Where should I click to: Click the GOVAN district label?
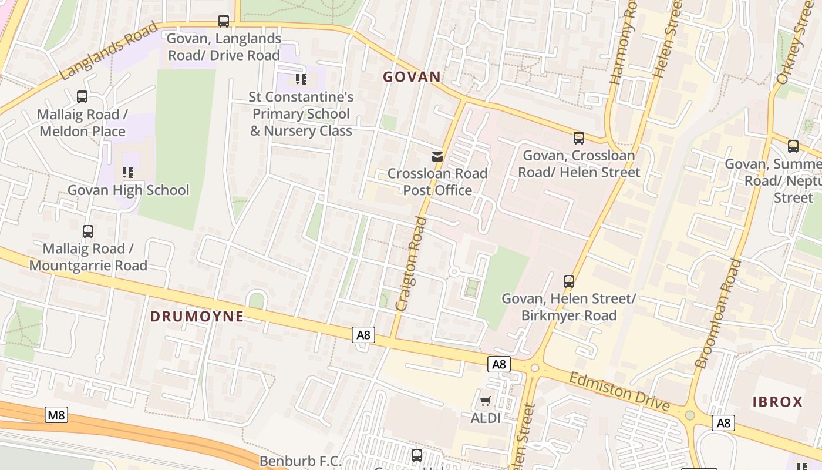point(412,76)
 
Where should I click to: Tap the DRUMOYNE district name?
point(197,316)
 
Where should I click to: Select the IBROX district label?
point(777,402)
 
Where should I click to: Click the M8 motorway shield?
point(56,415)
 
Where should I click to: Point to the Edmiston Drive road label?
point(619,392)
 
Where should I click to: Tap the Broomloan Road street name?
point(717,314)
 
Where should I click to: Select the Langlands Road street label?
point(109,51)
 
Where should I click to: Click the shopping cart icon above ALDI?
point(486,401)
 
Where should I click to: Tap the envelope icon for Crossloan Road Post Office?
point(437,156)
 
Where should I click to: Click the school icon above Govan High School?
point(127,173)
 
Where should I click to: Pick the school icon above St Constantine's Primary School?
point(301,79)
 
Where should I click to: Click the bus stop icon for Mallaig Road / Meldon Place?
point(82,97)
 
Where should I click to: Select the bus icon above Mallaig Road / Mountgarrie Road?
point(88,231)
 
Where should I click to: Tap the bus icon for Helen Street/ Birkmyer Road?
point(568,281)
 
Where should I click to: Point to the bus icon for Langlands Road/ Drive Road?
point(224,21)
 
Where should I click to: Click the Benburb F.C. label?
point(301,461)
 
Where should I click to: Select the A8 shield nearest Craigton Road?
point(363,335)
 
